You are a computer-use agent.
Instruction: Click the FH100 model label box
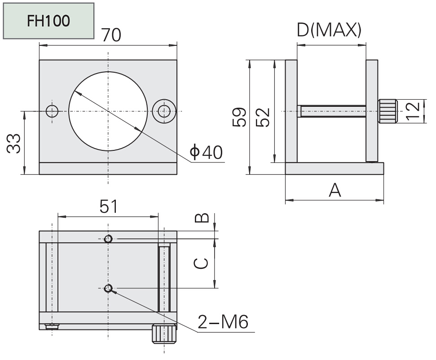point(48,21)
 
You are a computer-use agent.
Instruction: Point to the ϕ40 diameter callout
point(206,153)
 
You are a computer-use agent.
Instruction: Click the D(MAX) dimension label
point(329,30)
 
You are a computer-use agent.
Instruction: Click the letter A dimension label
point(335,190)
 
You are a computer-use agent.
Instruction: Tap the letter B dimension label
point(202,218)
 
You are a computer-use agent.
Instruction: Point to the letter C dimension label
point(202,263)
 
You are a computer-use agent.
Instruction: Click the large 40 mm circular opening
point(108,110)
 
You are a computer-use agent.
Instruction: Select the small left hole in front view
point(53,110)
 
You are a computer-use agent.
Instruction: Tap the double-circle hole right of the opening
point(163,111)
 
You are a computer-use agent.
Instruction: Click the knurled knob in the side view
point(388,111)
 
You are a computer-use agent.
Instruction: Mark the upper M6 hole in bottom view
point(108,239)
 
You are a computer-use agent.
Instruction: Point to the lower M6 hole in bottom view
point(108,288)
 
